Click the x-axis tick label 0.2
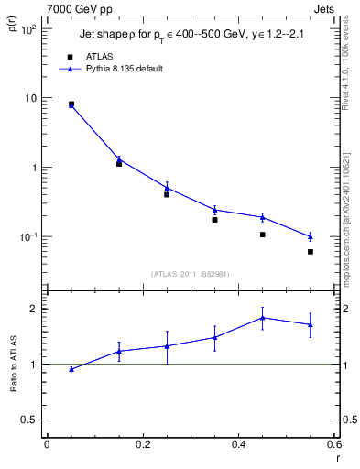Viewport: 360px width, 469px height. [x=142, y=445]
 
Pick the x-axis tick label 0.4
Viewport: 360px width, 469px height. [x=238, y=445]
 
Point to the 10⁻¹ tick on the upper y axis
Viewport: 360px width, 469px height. [x=27, y=237]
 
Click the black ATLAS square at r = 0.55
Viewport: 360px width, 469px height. [x=311, y=252]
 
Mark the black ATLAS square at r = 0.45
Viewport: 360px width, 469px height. [x=262, y=234]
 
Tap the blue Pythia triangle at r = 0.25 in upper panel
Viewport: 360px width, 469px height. [x=167, y=187]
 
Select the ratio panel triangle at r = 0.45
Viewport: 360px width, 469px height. [x=262, y=318]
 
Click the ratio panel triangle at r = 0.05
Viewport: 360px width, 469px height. [x=71, y=369]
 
